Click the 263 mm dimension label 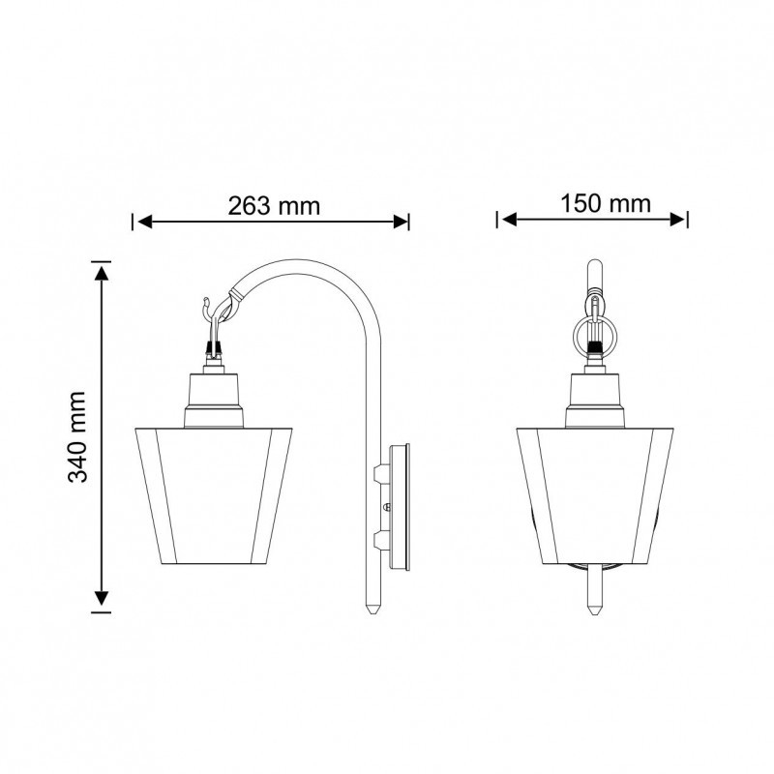pyautogui.click(x=274, y=206)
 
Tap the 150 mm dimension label pyautogui.click(x=606, y=204)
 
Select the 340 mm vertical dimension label pyautogui.click(x=77, y=437)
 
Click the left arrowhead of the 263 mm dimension pyautogui.click(x=145, y=223)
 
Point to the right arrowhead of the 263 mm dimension pyautogui.click(x=400, y=223)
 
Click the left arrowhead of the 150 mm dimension pyautogui.click(x=509, y=220)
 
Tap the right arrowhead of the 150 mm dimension pyautogui.click(x=677, y=220)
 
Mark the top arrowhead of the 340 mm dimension pyautogui.click(x=102, y=273)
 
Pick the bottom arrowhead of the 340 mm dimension pyautogui.click(x=102, y=598)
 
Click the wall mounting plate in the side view pyautogui.click(x=400, y=508)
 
